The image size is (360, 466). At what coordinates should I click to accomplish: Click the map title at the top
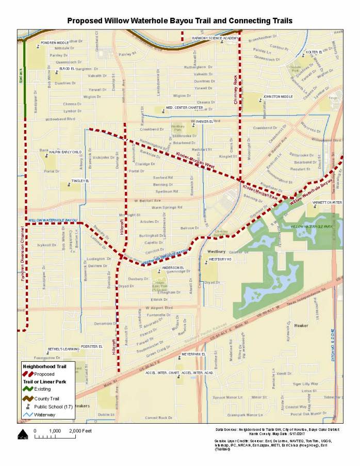180,21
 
